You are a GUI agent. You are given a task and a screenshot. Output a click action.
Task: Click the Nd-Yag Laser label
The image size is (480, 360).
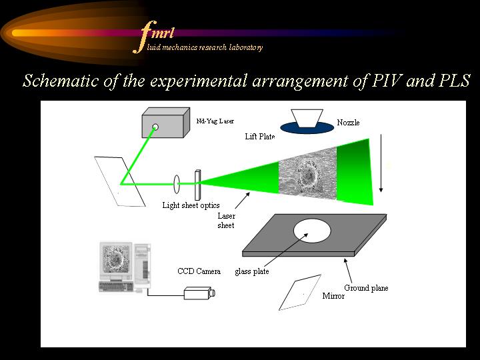tap(215, 121)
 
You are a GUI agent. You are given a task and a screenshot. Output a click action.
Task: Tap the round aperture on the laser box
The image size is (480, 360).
tap(155, 127)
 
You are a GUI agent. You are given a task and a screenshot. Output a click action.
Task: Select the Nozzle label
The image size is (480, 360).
tap(348, 123)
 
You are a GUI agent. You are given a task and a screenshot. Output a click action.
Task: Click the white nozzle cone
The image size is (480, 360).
tap(307, 118)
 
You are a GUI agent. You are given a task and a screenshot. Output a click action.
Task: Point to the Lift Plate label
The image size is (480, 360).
tap(260, 136)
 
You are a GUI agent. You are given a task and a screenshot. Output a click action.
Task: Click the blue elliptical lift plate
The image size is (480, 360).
tap(307, 128)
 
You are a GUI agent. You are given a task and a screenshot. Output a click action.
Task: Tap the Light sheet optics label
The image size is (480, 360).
tap(191, 205)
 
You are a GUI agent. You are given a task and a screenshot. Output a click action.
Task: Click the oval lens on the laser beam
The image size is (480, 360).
tap(177, 184)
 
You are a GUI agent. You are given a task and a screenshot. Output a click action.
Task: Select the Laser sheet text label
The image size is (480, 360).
tap(226, 221)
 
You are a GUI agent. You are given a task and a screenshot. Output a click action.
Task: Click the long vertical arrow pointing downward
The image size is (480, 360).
tap(381, 163)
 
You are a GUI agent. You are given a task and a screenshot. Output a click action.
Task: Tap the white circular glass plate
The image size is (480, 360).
tap(312, 231)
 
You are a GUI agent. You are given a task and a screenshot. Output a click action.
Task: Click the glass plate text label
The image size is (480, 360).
tap(252, 271)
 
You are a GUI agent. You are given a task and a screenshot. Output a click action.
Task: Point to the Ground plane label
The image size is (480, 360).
tap(366, 288)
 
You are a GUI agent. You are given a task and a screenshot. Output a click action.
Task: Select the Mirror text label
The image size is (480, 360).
tap(333, 296)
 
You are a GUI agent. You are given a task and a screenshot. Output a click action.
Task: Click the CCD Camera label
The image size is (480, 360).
tap(199, 271)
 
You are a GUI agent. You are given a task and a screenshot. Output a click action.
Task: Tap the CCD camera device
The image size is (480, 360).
tap(199, 293)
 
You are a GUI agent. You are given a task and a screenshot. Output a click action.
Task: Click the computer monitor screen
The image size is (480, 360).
tap(116, 259)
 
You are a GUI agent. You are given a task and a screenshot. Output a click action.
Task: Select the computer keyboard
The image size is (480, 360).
tap(117, 287)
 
